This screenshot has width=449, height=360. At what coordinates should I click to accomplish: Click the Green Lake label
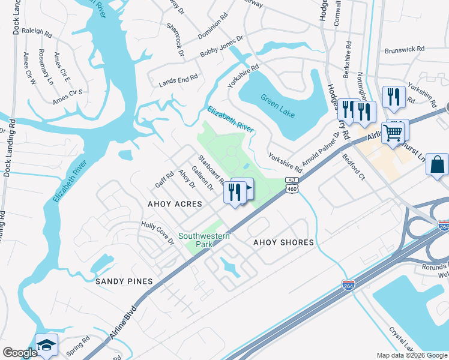click(x=278, y=104)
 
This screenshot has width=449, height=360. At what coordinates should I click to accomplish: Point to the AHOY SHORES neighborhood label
click(x=283, y=242)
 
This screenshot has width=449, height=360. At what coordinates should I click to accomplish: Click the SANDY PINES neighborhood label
click(x=124, y=281)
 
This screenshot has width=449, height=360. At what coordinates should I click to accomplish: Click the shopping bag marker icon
click(x=438, y=164)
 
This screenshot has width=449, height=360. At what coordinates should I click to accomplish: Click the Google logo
click(x=20, y=353)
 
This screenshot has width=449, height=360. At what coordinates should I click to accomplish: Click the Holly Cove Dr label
click(x=157, y=232)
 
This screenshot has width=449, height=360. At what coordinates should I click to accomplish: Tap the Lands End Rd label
click(x=178, y=79)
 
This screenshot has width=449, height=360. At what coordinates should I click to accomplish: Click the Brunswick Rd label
click(x=405, y=50)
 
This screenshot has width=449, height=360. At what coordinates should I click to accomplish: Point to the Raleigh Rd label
click(x=38, y=28)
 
